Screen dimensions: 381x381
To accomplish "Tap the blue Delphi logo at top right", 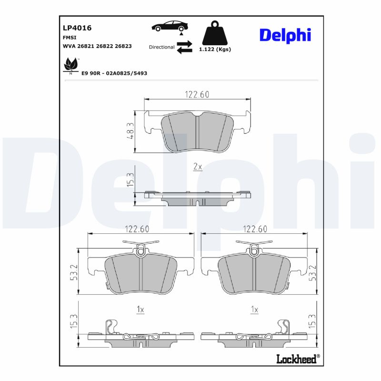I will coord(285,35).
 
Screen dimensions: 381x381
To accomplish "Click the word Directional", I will coord(161,47).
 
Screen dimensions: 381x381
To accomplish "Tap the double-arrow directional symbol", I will coord(184,47).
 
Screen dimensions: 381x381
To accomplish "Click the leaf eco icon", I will coord(70,64).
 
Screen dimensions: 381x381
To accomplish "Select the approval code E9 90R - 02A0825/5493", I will coord(114,73).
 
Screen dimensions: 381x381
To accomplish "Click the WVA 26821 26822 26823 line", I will coord(97,46).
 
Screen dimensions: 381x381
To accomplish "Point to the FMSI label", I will coord(70,37).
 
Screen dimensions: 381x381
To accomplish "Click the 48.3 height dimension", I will coord(130,131).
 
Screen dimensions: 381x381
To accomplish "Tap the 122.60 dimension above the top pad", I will coord(197,95).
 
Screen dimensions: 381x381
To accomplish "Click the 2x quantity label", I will coord(197,167).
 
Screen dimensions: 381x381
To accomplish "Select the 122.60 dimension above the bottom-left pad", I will coord(137,229).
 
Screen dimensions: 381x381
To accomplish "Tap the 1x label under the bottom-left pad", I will coord(140,310).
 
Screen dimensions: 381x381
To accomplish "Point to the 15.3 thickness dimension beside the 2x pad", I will coord(130,180).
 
